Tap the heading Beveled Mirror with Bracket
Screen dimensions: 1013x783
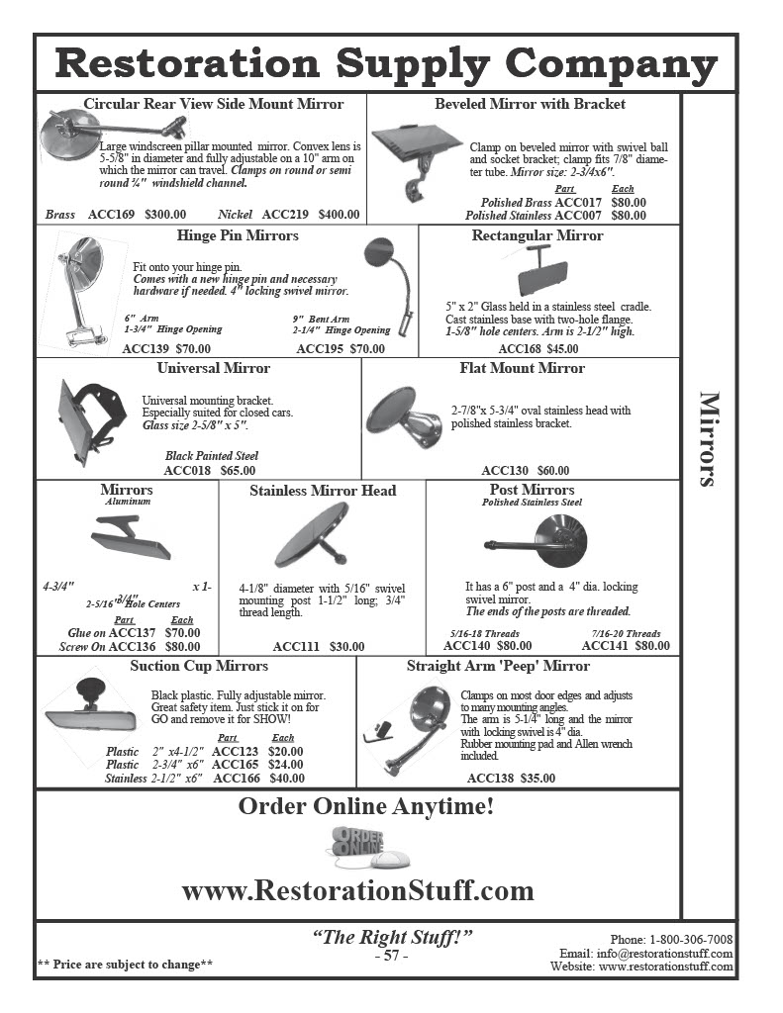tap(530, 104)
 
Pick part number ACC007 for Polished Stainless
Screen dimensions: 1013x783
tap(579, 215)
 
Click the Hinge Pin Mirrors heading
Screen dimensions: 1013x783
tap(238, 235)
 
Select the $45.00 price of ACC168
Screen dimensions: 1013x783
tap(563, 348)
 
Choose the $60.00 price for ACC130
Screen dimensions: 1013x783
tap(553, 470)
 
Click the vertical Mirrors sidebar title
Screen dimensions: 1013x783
tap(710, 439)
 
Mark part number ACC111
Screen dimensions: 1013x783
tap(296, 646)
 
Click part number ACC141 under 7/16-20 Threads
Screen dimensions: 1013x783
tap(605, 645)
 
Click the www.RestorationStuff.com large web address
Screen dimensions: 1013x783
tap(357, 890)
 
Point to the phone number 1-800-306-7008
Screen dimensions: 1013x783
tap(691, 939)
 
